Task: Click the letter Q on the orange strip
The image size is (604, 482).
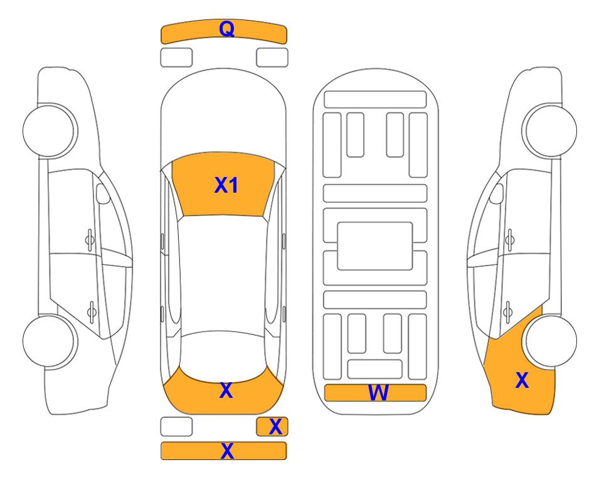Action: click(x=226, y=29)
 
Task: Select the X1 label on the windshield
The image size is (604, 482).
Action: click(x=226, y=185)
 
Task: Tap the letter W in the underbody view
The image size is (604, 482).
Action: click(x=378, y=393)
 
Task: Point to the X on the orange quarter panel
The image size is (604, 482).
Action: click(x=522, y=380)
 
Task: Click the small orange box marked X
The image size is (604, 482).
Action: click(x=272, y=427)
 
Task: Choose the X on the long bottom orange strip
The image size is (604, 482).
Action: click(x=227, y=451)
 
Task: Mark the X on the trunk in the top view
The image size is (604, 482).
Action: click(x=226, y=390)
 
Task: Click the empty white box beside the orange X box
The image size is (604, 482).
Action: click(x=176, y=427)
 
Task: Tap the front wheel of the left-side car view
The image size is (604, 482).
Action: click(x=49, y=131)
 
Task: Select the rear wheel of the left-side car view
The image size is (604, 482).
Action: click(x=49, y=341)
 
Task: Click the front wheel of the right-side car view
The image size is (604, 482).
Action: click(x=551, y=131)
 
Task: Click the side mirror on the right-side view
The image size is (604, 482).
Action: click(x=497, y=193)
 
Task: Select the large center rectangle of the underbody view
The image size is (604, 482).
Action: click(x=375, y=246)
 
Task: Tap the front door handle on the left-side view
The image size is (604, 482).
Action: click(x=90, y=240)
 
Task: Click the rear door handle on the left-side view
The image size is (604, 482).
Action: click(x=92, y=311)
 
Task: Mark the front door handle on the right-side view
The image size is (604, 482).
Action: click(x=509, y=240)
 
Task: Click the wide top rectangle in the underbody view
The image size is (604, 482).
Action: click(x=375, y=100)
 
